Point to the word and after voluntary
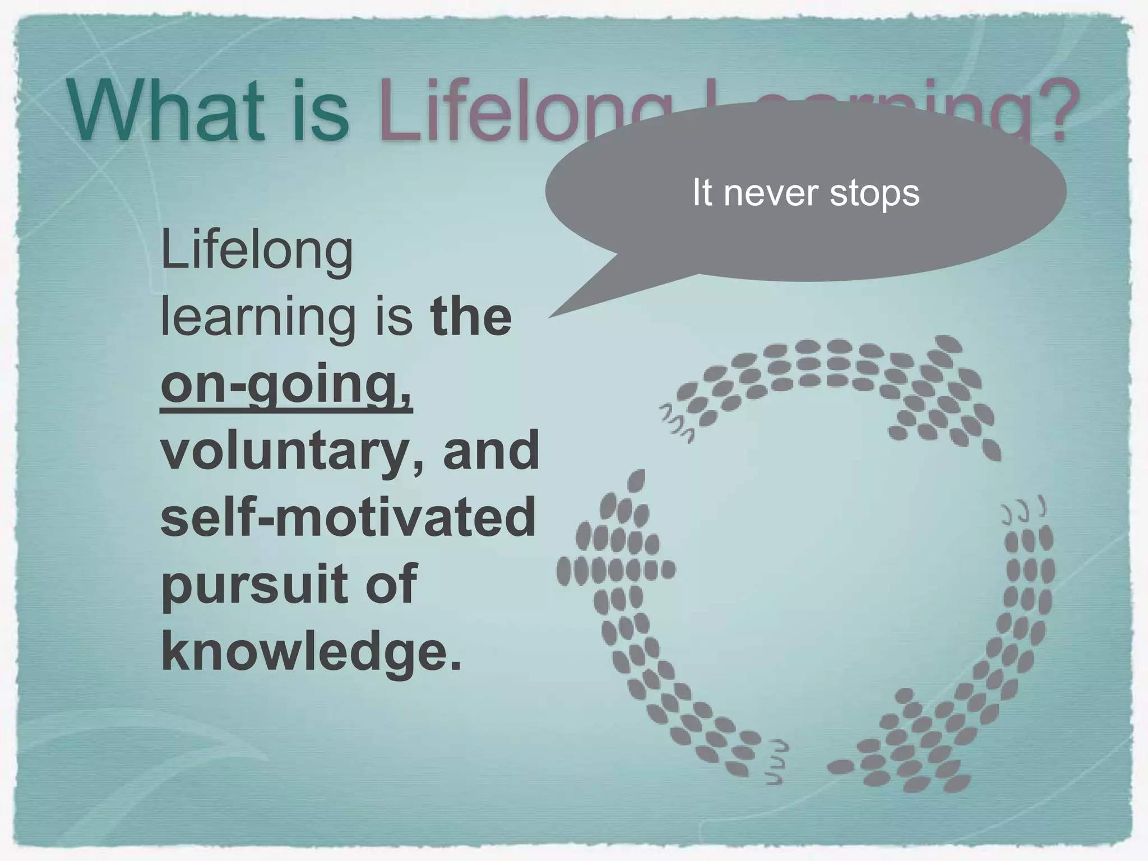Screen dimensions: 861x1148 491,450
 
